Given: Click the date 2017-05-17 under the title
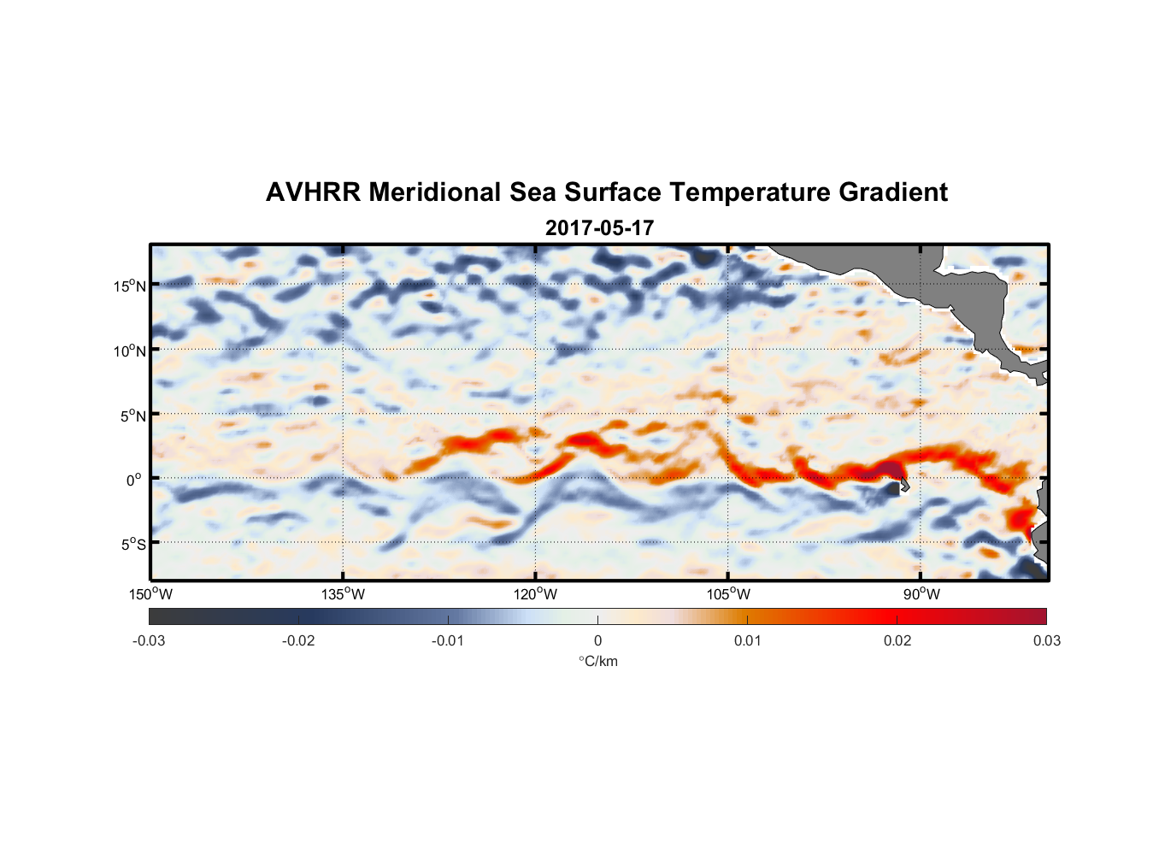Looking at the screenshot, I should [x=599, y=228].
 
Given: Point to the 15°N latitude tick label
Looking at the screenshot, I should [x=129, y=286].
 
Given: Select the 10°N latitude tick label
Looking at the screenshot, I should [x=129, y=351].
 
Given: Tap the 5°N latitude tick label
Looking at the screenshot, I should [x=132, y=416].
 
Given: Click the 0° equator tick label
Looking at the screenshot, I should [x=134, y=480].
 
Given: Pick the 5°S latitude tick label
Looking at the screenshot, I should [x=132, y=544].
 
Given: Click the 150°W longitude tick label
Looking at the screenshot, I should [x=151, y=594].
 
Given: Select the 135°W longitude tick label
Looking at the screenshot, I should [x=344, y=594].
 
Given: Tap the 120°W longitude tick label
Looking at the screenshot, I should [x=536, y=594].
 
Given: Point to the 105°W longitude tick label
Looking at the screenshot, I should [x=728, y=594].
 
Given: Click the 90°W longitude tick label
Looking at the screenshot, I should [x=921, y=594].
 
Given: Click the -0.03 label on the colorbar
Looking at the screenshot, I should [x=149, y=640].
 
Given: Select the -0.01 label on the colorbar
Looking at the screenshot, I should [x=448, y=640].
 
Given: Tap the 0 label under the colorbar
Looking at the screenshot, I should [x=597, y=640].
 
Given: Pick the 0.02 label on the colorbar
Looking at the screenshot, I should [x=897, y=640].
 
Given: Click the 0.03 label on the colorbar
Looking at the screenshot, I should [x=1047, y=640].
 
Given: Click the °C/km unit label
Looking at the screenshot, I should [x=598, y=661].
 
